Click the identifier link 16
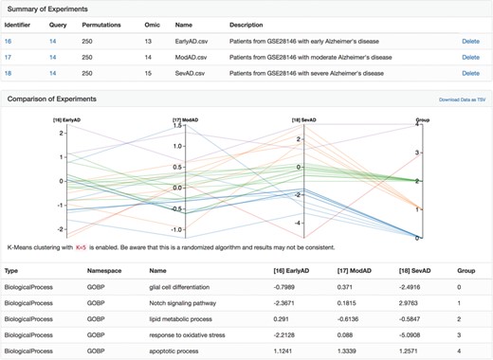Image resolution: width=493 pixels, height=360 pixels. (x=8, y=42)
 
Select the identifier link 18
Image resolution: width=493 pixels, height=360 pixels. (x=8, y=72)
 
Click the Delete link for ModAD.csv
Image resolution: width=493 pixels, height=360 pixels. (x=470, y=57)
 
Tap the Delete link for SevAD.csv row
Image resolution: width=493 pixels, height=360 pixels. (x=470, y=72)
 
